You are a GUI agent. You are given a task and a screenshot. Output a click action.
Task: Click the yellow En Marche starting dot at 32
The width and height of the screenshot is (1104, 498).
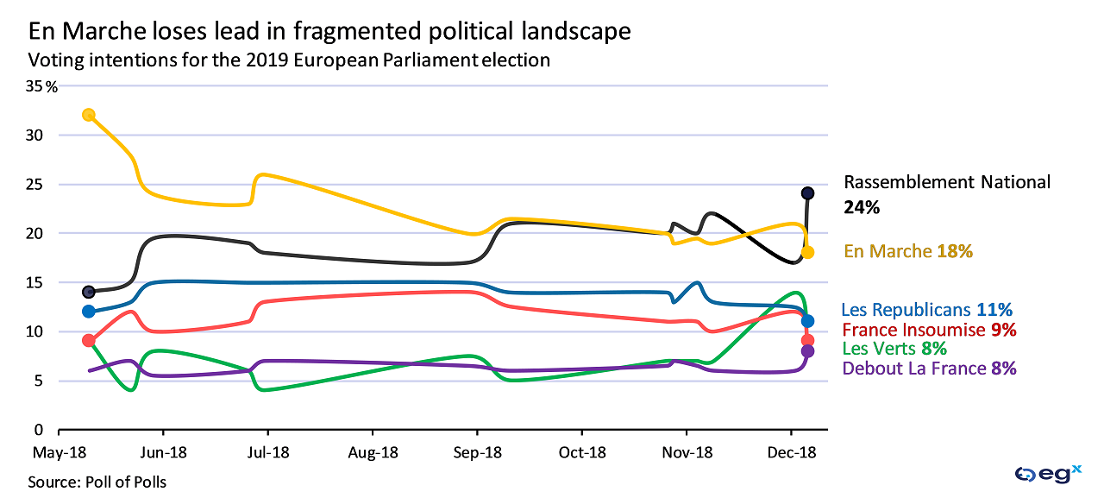(x=88, y=115)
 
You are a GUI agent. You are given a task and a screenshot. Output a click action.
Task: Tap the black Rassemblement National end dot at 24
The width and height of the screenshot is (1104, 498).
(x=807, y=193)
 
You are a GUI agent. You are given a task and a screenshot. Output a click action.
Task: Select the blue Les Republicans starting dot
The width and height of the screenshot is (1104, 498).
(x=88, y=312)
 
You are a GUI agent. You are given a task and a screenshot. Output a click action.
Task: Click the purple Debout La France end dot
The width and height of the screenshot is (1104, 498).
(x=807, y=351)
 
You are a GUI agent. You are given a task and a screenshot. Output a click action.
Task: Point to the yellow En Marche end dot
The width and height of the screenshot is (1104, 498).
(x=807, y=252)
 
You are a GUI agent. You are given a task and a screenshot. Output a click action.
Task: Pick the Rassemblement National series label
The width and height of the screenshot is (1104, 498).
(x=947, y=182)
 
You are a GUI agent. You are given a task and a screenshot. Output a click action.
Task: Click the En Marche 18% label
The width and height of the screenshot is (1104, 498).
(x=908, y=251)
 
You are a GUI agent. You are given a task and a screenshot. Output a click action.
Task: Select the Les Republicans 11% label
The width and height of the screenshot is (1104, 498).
(x=926, y=310)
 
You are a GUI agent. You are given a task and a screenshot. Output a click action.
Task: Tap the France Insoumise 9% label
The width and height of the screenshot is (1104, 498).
(x=929, y=330)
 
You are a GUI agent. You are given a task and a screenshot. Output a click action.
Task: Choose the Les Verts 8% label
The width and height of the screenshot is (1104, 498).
(x=894, y=349)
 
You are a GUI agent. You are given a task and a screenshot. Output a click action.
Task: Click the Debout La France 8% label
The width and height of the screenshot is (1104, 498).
(x=929, y=369)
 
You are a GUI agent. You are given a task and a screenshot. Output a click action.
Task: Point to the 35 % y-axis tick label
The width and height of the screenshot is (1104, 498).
(x=41, y=86)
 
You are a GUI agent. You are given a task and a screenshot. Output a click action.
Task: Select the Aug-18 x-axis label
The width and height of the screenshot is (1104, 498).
(x=373, y=452)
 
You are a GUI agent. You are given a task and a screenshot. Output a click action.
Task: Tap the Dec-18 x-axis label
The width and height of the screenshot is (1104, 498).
(x=793, y=452)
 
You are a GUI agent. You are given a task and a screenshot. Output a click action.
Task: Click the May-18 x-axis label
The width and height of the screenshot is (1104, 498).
(x=58, y=452)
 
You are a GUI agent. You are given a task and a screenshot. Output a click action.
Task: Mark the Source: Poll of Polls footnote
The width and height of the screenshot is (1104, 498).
(x=97, y=482)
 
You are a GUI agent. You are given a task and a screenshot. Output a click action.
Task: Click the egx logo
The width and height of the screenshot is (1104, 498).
(x=1048, y=473)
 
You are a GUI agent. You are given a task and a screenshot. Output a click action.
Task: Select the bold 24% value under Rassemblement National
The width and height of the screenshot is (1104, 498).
(x=862, y=208)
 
